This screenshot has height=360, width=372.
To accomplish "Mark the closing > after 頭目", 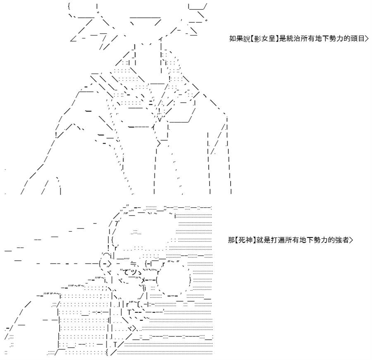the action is (x=367, y=39).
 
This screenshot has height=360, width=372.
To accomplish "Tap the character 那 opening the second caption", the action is (x=231, y=240).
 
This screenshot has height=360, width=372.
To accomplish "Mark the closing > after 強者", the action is (x=351, y=240).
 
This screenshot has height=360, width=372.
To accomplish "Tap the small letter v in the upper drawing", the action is (x=160, y=120).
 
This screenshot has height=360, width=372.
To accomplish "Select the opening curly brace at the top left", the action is (x=69, y=6).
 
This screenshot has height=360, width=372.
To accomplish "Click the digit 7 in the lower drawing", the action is (x=117, y=224).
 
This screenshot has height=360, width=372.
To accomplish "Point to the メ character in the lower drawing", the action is (x=143, y=280).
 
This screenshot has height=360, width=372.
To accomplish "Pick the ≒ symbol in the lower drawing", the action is (x=133, y=264).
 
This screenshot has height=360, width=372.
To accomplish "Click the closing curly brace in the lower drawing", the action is (x=190, y=280).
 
